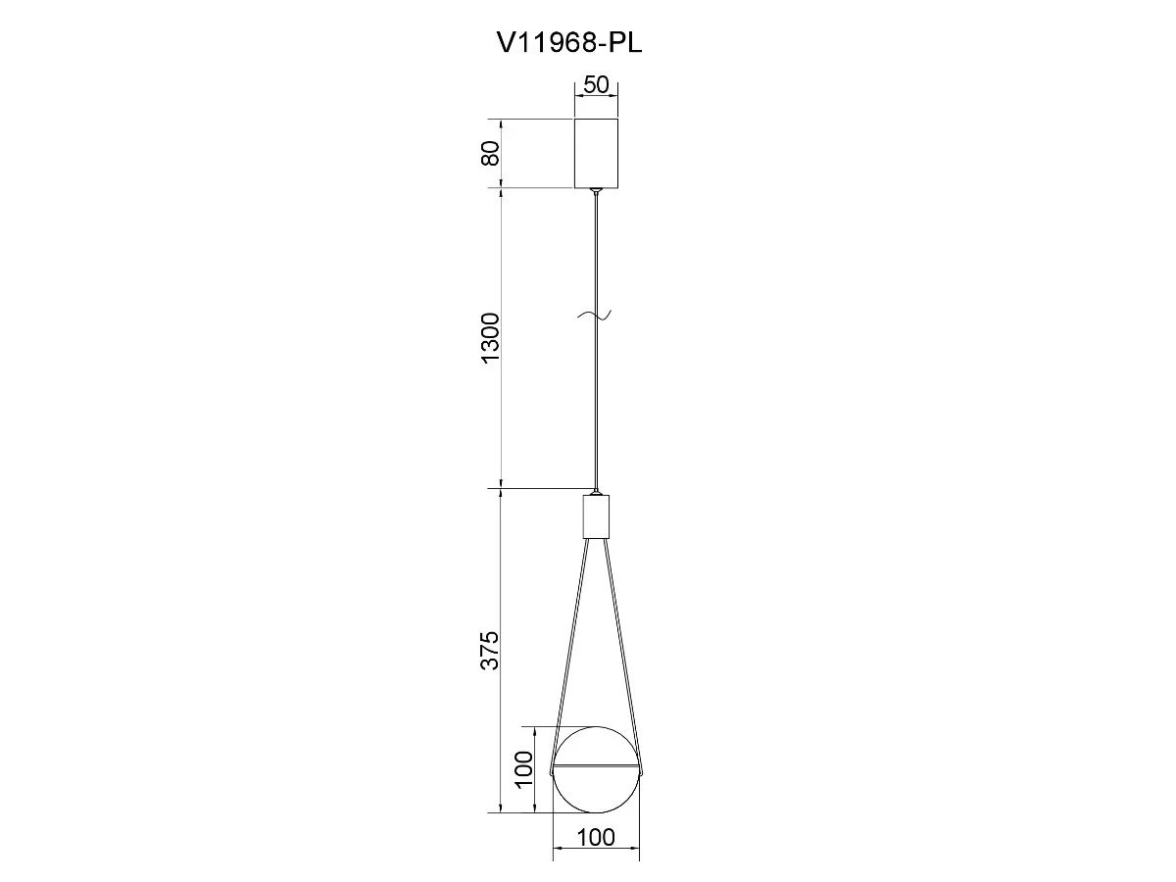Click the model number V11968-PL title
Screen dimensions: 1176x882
(x=569, y=43)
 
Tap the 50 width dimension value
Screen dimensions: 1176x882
(x=596, y=84)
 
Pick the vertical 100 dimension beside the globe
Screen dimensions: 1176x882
(x=524, y=769)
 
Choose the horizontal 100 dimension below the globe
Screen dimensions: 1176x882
(x=596, y=838)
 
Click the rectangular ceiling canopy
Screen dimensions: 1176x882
(x=596, y=153)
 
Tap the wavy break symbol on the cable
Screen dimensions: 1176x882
(x=595, y=316)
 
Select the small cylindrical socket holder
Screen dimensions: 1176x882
(x=596, y=516)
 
